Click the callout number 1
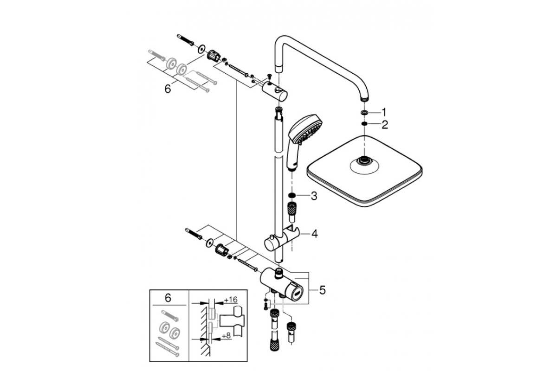[x=384, y=112]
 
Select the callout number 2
[x=385, y=125]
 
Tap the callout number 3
[x=314, y=196]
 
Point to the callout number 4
[x=315, y=234]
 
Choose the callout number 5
[x=322, y=290]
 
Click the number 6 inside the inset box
[x=168, y=298]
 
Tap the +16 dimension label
[x=231, y=300]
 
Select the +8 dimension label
[x=226, y=336]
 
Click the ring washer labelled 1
[x=364, y=113]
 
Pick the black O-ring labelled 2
[x=364, y=123]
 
